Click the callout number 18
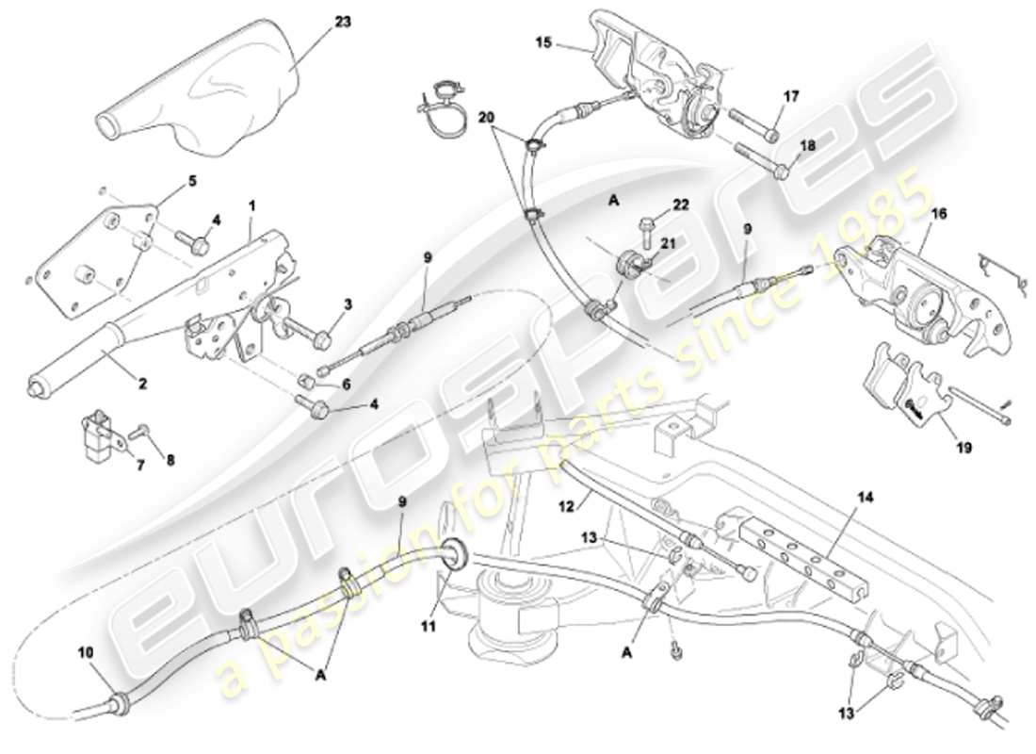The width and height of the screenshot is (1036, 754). click(808, 146)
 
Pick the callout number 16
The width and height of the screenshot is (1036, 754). click(938, 215)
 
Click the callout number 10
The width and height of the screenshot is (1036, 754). click(86, 651)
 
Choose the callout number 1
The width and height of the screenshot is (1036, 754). click(251, 204)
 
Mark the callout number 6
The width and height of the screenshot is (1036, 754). click(346, 385)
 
